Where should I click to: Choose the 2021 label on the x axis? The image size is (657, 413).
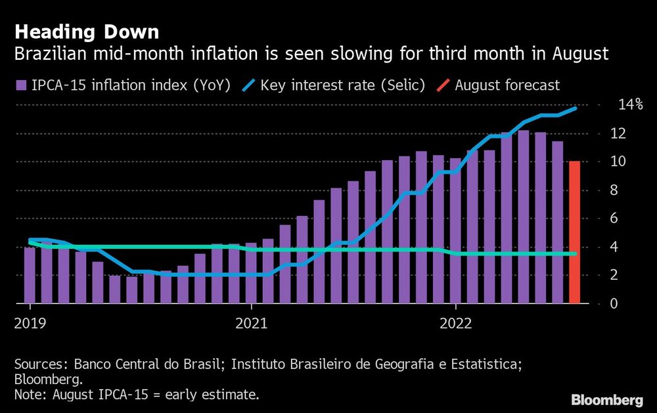click(251, 323)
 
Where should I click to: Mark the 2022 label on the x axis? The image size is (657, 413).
click(455, 323)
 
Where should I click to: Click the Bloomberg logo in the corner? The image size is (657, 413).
click(607, 400)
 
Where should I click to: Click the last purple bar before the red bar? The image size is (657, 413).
click(557, 223)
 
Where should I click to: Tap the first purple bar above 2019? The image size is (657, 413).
click(30, 275)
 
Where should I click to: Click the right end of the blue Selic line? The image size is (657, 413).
click(576, 108)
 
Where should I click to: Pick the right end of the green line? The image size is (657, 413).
click(576, 253)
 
